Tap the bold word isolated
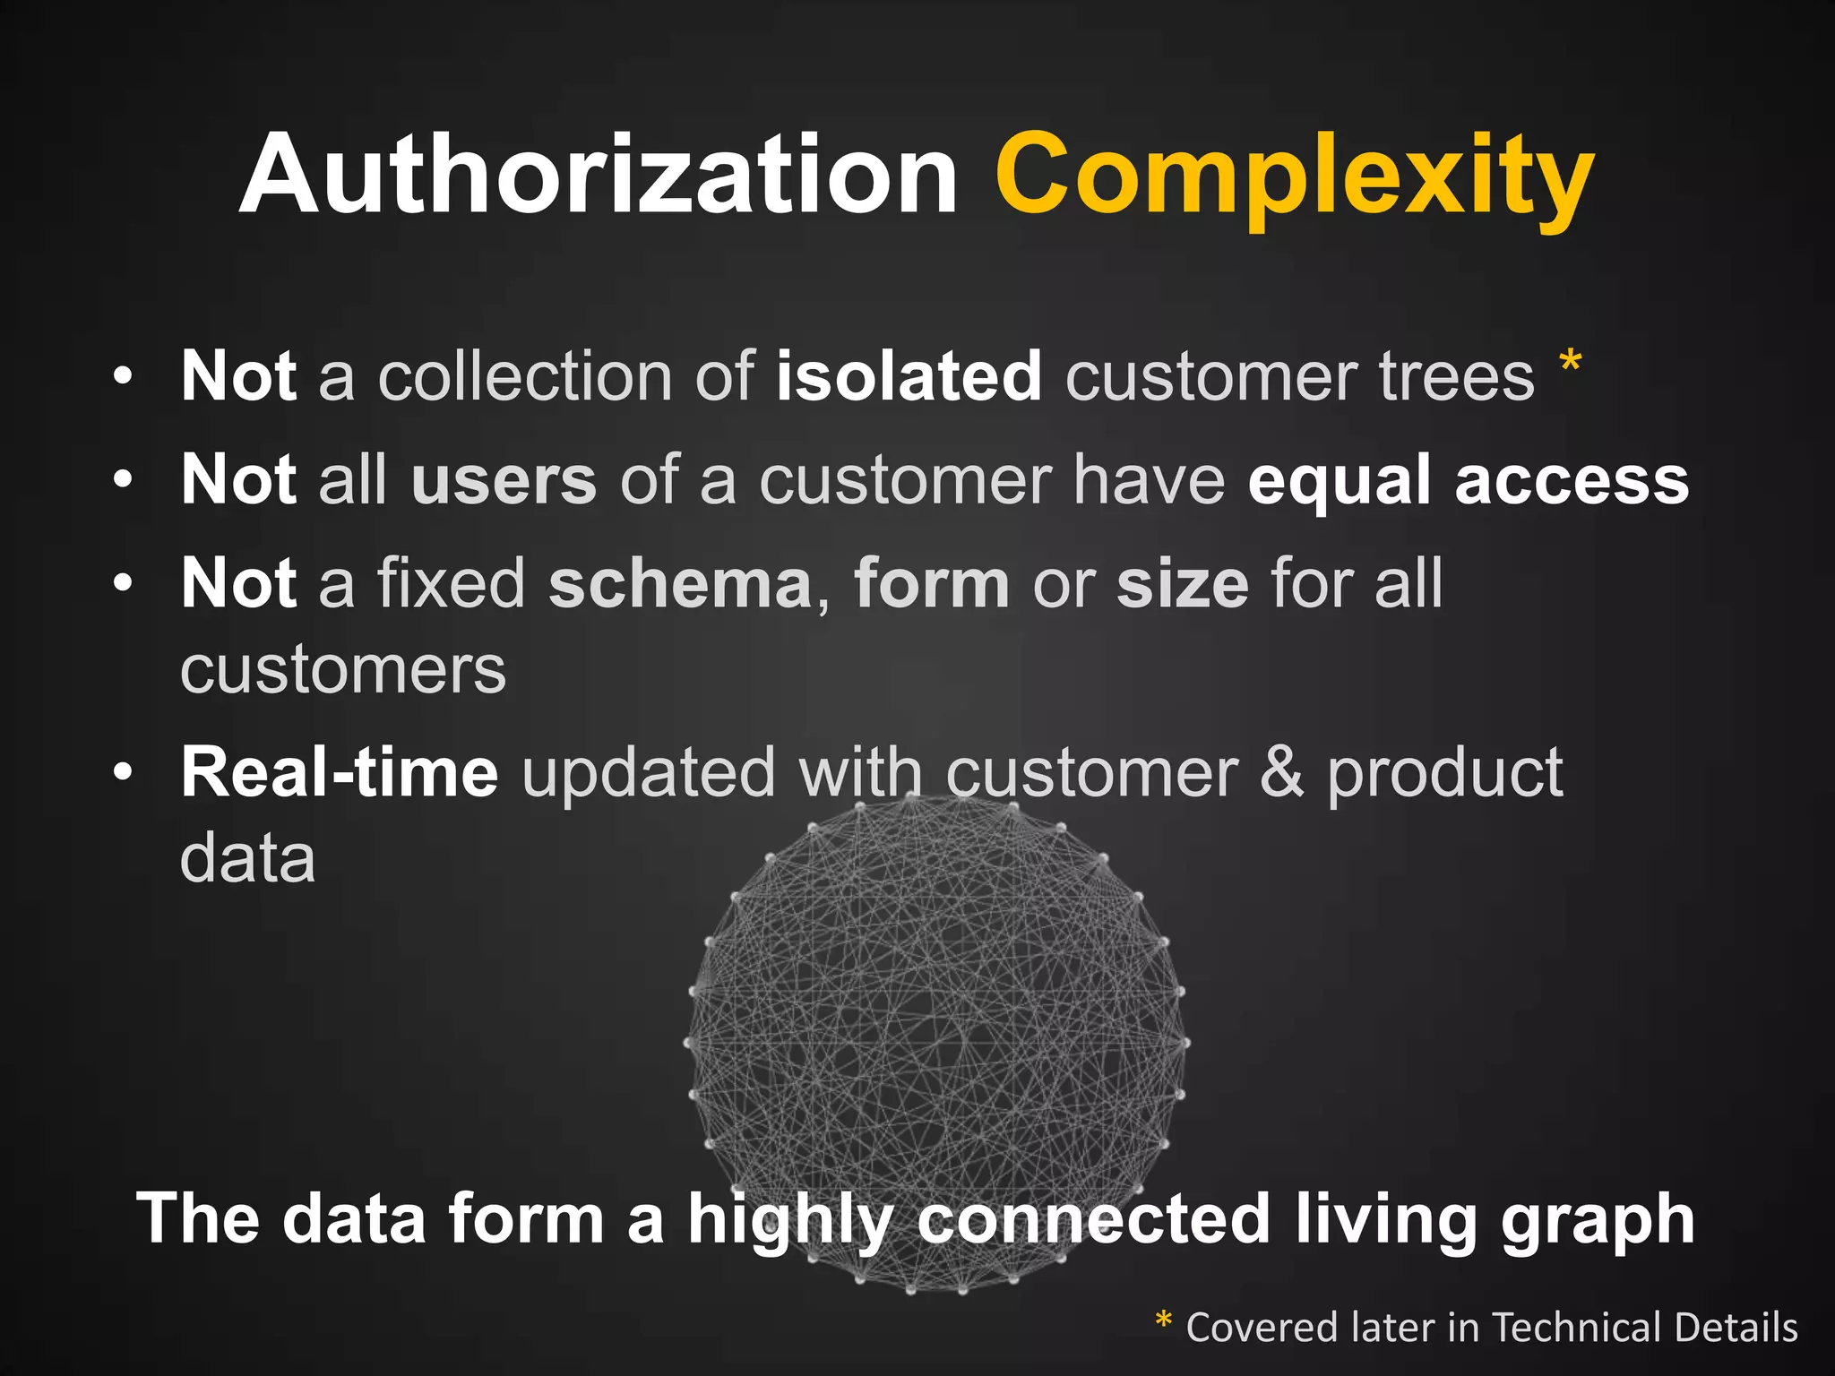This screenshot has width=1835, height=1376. point(908,376)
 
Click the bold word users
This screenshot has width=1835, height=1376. point(504,481)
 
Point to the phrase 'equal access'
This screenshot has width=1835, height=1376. point(1468,481)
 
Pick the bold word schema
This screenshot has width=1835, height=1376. point(680,584)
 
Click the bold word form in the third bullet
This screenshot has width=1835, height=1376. point(932,584)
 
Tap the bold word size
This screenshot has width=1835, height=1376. point(1182,584)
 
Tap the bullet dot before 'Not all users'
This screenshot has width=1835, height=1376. point(124,479)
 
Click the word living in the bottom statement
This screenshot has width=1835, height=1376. point(1385,1220)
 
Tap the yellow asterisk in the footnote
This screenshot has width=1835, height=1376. point(1163,1320)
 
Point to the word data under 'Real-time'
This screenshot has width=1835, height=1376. point(247,858)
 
